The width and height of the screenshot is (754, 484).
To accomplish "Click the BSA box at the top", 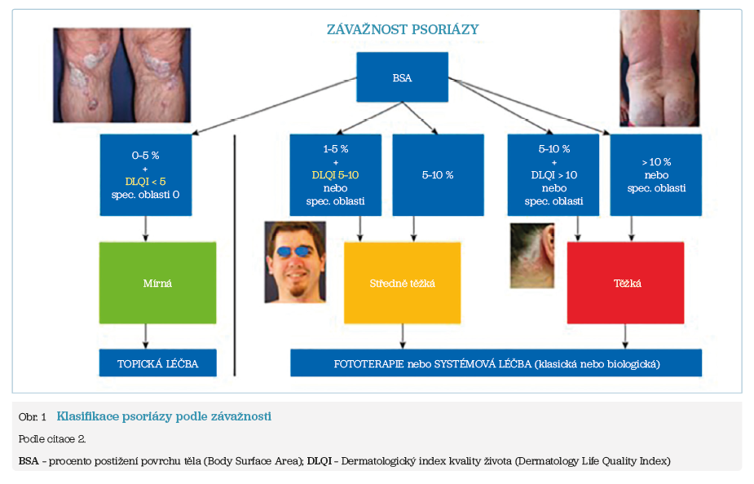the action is tap(402, 77).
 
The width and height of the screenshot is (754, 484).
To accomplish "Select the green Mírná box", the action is tap(157, 283).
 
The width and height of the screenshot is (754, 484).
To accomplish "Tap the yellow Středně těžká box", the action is tap(402, 283).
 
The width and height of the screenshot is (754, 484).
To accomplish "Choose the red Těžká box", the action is tap(625, 283).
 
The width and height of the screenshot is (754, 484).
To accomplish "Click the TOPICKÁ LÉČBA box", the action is tap(157, 363).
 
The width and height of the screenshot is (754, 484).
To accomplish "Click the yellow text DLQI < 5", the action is tap(145, 181).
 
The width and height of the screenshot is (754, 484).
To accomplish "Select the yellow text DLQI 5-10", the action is tap(335, 175).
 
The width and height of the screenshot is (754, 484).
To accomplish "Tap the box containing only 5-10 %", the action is tap(438, 175).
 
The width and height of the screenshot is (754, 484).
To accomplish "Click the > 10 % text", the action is tap(656, 162).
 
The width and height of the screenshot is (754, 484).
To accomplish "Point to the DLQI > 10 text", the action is tap(554, 175).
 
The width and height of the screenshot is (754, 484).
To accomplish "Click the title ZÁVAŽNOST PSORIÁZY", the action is tap(403, 29).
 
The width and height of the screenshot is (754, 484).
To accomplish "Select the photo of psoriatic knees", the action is tap(121, 75).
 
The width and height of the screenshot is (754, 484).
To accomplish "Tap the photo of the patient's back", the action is tap(659, 68).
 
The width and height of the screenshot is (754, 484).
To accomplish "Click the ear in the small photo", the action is tap(548, 240).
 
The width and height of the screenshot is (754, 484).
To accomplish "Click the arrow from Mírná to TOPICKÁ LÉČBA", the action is tap(146, 337).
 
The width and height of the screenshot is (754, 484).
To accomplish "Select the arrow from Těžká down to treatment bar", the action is tap(625, 337).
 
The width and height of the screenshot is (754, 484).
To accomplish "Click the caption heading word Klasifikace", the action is tap(87, 416).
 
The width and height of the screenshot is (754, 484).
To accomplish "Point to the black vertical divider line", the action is tap(235, 255).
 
